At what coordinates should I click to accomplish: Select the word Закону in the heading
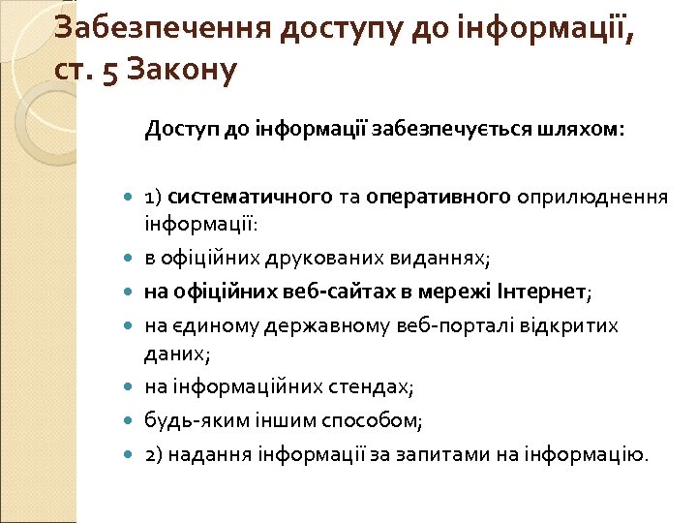coord(183,72)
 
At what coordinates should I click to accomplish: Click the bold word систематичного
coord(250,198)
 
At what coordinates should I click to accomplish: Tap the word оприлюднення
coord(592,198)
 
